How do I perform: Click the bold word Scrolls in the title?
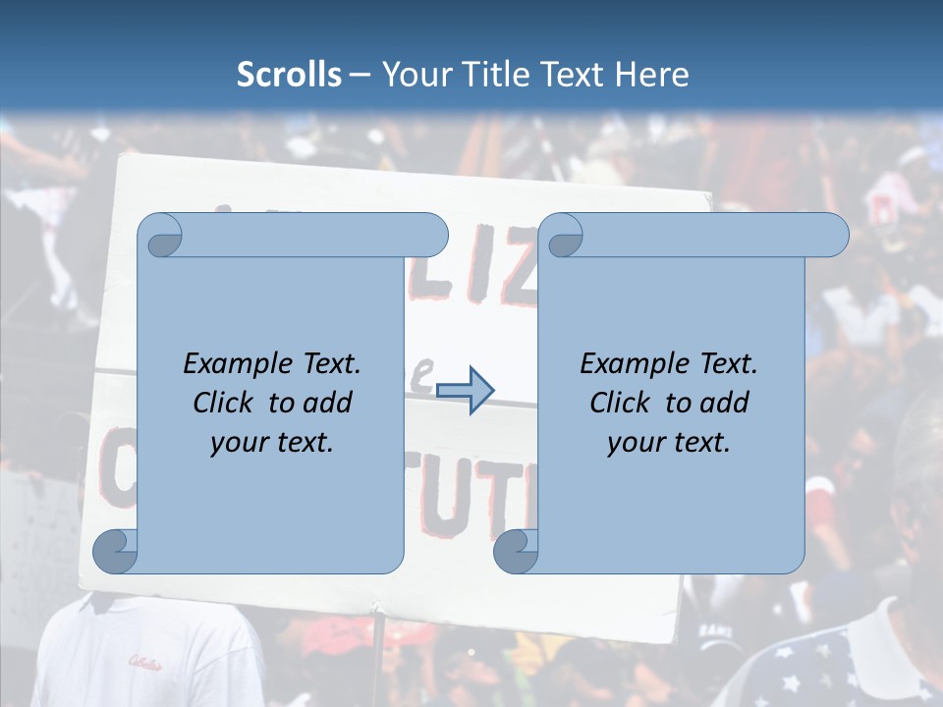289,75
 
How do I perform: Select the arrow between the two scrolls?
465,390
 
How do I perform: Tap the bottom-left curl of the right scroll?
516,551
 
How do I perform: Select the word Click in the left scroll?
225,403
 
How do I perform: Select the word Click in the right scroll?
622,403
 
